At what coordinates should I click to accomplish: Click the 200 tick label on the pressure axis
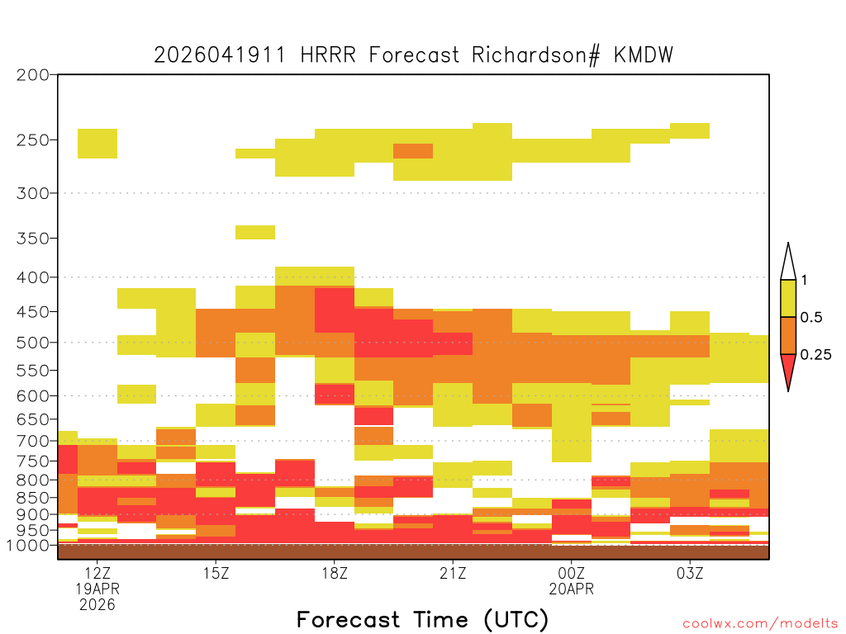click(x=32, y=75)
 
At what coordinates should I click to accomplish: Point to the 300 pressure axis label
click(x=32, y=193)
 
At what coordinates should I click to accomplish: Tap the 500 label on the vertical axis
click(x=32, y=343)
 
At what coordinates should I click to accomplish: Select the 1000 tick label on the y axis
click(x=27, y=546)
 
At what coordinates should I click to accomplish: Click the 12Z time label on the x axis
click(x=97, y=573)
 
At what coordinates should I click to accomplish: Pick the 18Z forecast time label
click(x=335, y=573)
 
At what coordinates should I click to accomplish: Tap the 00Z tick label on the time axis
click(x=572, y=573)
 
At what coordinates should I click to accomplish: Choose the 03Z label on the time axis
click(x=690, y=573)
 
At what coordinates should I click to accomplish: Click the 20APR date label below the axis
click(x=572, y=589)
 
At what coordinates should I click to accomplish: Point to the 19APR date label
click(x=97, y=589)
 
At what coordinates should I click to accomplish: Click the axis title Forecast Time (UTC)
click(x=422, y=619)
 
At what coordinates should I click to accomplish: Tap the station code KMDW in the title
click(x=643, y=55)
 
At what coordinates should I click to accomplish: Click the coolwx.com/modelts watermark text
click(x=760, y=624)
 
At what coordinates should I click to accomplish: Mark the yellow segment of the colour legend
click(x=788, y=298)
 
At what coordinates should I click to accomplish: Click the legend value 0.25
click(x=815, y=355)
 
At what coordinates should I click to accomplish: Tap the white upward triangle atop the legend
click(x=788, y=262)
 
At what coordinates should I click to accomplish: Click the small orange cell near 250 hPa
click(x=413, y=151)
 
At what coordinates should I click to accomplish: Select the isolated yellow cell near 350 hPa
click(x=255, y=232)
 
